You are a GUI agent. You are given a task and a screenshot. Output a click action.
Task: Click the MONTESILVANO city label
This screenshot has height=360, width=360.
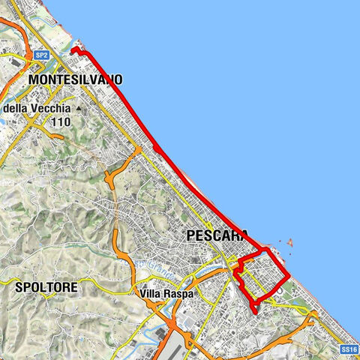pos(75,79)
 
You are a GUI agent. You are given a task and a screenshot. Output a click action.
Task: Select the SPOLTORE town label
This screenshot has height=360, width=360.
pos(46,286)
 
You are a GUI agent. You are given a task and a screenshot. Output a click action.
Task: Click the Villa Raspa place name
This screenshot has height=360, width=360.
pos(166,294)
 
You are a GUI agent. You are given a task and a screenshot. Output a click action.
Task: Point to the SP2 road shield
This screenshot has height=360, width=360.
pos(42,55)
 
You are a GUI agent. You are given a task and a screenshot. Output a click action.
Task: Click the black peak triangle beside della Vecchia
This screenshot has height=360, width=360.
pos(78,109)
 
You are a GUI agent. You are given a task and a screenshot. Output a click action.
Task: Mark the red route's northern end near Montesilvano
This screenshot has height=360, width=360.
pos(73,51)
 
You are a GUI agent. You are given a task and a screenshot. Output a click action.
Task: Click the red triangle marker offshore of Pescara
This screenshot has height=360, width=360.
pos(289,243)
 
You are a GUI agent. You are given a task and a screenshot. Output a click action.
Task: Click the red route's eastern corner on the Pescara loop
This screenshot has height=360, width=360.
pos(289,278)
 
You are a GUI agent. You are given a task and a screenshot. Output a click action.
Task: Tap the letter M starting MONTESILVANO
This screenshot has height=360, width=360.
pos(32,79)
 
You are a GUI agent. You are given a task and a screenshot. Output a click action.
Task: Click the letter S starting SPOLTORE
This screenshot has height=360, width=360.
pos(19,286)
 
